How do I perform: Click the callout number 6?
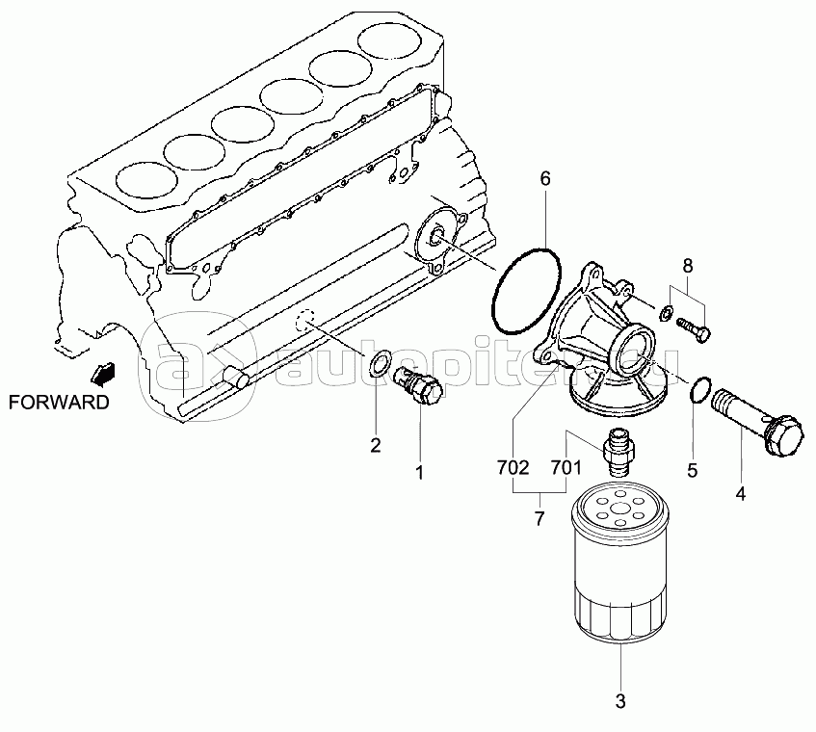coord(545,178)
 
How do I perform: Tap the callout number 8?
coord(688,266)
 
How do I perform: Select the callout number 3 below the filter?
coord(619,701)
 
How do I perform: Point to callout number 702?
coord(513,468)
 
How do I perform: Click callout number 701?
coord(566,468)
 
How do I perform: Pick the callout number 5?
coord(692,470)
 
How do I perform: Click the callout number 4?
coord(740,493)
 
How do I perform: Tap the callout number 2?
coord(375,445)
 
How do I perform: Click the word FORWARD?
coord(60,402)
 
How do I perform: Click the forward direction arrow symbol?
coord(103,374)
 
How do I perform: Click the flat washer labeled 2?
coord(382,362)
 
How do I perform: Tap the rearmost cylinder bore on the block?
coord(391,42)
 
